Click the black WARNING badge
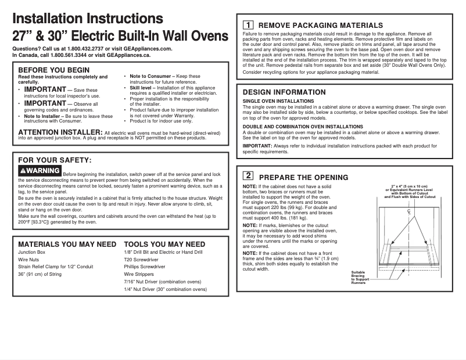(x=40, y=171)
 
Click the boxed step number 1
(x=248, y=25)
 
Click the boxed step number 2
(x=248, y=176)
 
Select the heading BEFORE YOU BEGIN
(x=54, y=70)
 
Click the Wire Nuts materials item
(x=30, y=260)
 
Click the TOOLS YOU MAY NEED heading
(x=164, y=244)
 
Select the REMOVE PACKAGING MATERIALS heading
(x=320, y=26)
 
